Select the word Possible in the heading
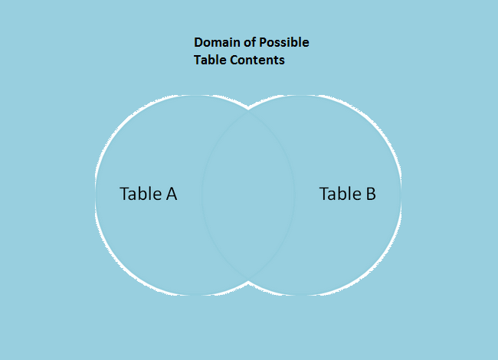[284, 42]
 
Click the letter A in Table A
[171, 194]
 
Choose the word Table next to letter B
[340, 194]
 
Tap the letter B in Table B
[371, 194]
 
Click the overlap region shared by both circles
[248, 195]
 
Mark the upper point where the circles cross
[248, 110]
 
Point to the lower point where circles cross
[248, 281]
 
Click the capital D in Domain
[198, 43]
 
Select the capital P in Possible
[263, 43]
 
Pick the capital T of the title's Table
[197, 60]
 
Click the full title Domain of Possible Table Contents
[251, 51]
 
